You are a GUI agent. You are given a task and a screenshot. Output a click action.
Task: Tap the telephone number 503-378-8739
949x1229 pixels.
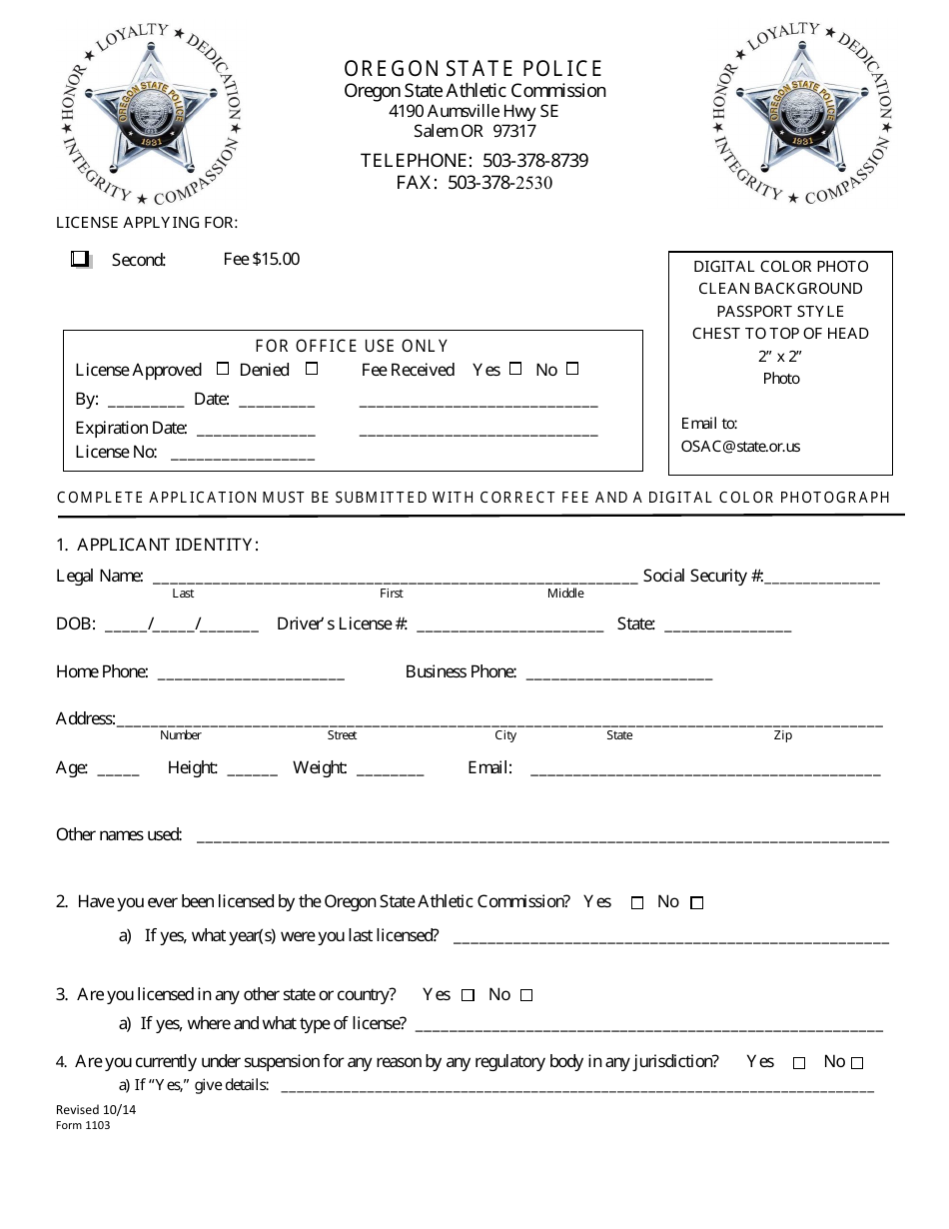click(535, 161)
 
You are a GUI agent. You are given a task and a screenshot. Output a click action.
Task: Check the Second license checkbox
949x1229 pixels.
click(80, 259)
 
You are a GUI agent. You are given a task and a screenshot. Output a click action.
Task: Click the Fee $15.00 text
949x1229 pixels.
click(261, 259)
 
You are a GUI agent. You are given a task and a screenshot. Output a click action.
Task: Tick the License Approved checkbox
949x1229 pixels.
click(223, 369)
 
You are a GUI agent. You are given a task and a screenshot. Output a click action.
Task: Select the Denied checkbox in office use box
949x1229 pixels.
click(312, 369)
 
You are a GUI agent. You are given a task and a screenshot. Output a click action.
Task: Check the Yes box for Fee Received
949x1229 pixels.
click(515, 369)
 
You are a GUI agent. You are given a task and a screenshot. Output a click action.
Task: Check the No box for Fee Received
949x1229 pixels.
click(572, 369)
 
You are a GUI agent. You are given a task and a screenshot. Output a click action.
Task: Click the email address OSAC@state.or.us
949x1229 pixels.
click(740, 447)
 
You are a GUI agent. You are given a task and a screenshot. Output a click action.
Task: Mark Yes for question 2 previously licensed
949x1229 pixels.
click(637, 903)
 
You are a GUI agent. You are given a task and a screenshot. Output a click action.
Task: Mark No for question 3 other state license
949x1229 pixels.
click(526, 995)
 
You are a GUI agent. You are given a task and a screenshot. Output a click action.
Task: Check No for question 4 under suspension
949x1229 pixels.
click(857, 1063)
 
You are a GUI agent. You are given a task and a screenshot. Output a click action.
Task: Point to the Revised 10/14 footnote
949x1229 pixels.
click(86, 1110)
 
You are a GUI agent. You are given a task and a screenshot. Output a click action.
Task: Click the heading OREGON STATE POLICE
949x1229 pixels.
click(474, 69)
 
